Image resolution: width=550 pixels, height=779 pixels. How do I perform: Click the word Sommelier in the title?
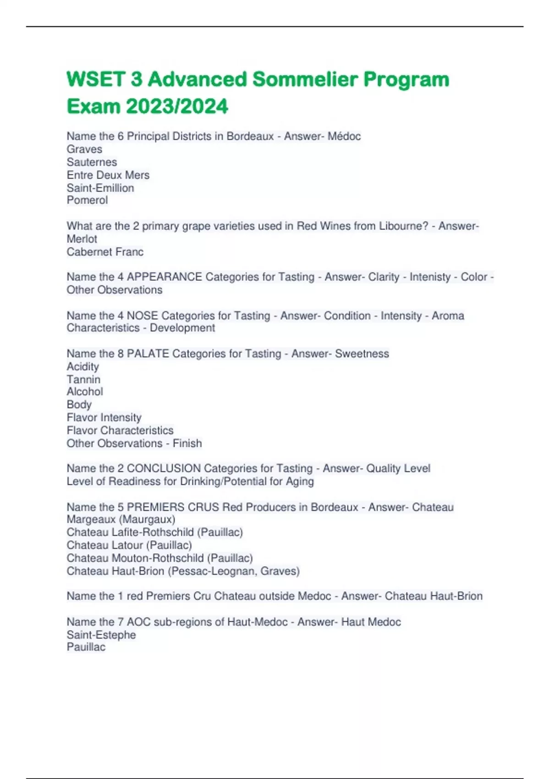tap(305, 79)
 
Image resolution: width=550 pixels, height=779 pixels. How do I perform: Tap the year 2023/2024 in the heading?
tap(177, 107)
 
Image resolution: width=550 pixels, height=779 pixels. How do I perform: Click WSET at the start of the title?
tap(96, 79)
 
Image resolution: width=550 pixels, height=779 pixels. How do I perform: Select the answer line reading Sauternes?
tap(92, 162)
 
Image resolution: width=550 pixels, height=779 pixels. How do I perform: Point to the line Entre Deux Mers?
tap(108, 175)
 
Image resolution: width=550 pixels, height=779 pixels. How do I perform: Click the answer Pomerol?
tap(87, 200)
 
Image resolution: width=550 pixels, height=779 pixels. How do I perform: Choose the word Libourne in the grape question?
tap(403, 226)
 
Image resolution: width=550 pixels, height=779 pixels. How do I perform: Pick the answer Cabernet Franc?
tap(105, 252)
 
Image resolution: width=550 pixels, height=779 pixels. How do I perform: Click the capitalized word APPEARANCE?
tap(165, 277)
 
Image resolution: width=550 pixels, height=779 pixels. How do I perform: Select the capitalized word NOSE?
tap(143, 316)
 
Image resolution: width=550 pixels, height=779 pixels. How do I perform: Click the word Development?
tap(182, 328)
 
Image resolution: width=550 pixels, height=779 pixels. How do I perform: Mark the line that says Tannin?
tap(83, 379)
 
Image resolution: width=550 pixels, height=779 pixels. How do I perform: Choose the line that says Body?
tap(79, 405)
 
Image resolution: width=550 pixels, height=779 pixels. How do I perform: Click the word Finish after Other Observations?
tap(187, 444)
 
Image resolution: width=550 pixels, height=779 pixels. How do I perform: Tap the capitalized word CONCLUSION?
tap(164, 468)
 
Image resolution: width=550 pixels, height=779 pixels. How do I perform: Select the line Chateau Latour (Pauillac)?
tap(129, 545)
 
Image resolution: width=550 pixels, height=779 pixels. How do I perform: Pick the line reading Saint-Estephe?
tap(101, 635)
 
